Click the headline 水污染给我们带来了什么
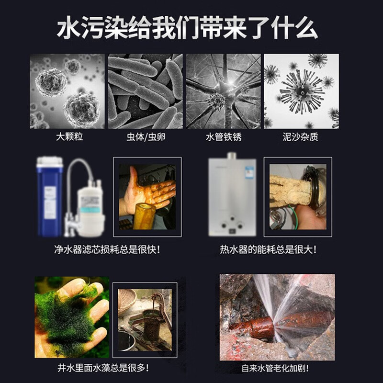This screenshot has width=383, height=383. point(187,29)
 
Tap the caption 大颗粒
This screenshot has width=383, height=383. point(69,137)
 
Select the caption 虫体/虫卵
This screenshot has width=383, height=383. point(146,137)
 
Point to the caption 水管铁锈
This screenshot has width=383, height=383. point(223,137)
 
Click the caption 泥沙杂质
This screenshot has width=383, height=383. point(301,137)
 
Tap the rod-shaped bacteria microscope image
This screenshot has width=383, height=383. point(145,91)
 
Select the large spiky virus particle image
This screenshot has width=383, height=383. point(301,89)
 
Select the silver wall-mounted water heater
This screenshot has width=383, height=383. point(232,196)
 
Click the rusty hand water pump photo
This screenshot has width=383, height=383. point(145,316)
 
